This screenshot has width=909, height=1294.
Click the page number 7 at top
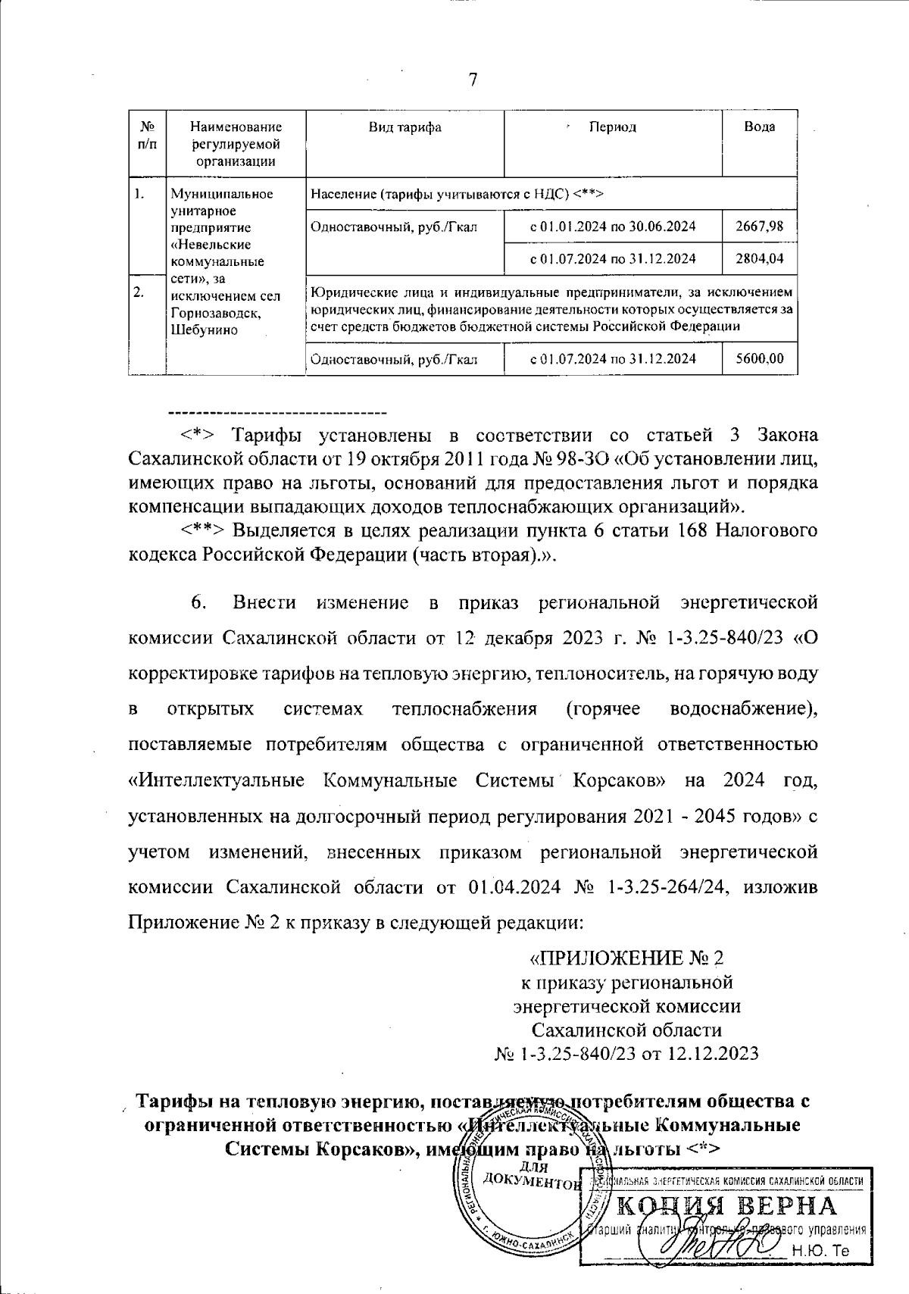tap(473, 80)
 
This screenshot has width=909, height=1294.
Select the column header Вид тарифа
tap(405, 127)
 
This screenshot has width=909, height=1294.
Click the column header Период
tap(613, 127)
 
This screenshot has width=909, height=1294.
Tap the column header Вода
tap(759, 127)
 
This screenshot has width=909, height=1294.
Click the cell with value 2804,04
tap(759, 258)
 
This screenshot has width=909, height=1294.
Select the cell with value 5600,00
tap(759, 358)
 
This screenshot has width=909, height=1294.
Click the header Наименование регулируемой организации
tap(236, 144)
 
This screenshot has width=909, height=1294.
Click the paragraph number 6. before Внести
tap(199, 603)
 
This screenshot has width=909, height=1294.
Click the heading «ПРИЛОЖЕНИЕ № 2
tap(626, 958)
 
